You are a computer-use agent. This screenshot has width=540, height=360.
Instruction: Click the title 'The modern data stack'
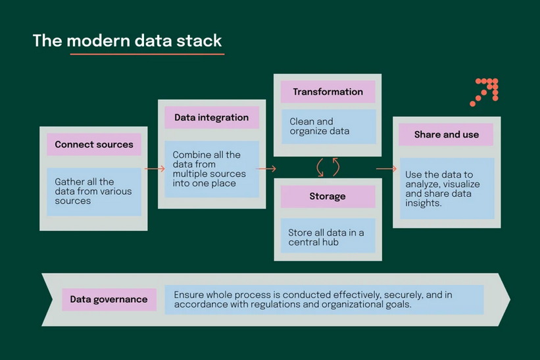[x=128, y=41]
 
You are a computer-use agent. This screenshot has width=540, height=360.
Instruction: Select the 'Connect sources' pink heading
[x=93, y=144]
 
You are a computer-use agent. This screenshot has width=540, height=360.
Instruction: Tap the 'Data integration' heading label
[x=211, y=118]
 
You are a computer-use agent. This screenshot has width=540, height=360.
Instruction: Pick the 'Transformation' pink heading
[x=328, y=91]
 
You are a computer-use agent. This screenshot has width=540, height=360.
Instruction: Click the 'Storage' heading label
[x=328, y=196]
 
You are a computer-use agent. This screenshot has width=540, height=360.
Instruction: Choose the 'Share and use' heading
[x=446, y=134]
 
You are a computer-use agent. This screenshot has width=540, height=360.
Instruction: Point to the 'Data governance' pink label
[x=109, y=299]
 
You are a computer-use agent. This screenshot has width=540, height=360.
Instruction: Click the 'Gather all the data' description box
[x=93, y=191]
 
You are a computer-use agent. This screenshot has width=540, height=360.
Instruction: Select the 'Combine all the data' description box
[x=211, y=169]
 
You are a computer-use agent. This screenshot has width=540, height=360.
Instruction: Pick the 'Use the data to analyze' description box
[x=446, y=189]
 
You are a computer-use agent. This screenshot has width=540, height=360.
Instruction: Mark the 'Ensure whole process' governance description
[x=324, y=299]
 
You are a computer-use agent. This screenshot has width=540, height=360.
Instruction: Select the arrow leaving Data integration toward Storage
[x=266, y=169]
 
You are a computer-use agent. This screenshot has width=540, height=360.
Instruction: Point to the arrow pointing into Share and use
[x=385, y=169]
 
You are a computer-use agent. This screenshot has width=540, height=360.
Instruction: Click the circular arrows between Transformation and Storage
[x=328, y=167]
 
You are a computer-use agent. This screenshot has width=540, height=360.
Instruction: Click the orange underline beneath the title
[x=147, y=54]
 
